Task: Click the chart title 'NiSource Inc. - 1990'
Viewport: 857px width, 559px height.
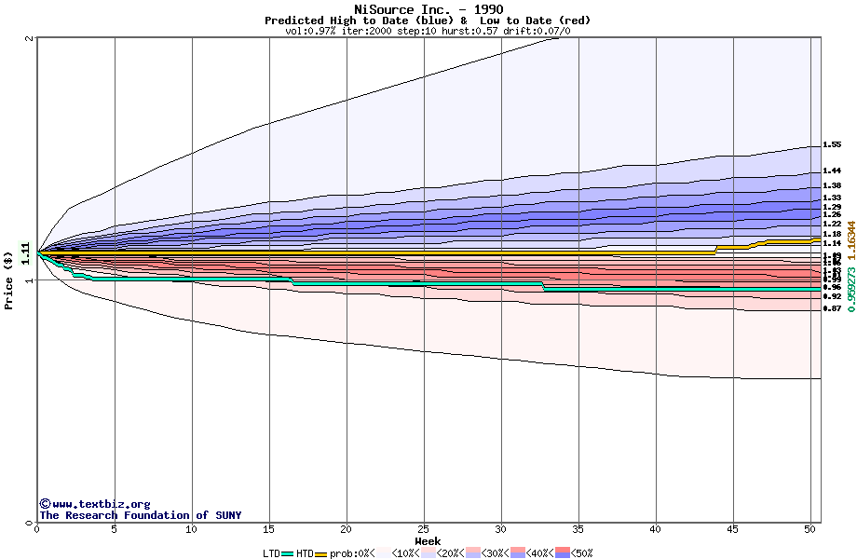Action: pos(428,9)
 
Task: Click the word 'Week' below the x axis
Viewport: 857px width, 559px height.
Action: pos(428,541)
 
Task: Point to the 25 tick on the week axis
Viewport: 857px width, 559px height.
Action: pos(424,529)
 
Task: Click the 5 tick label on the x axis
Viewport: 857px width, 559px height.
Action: pos(115,529)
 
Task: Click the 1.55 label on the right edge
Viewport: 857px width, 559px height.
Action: pos(832,145)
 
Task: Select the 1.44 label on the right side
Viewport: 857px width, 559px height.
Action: pos(832,171)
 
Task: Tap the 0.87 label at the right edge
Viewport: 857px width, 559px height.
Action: pos(832,308)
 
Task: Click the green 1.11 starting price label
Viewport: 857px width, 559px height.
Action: pos(25,251)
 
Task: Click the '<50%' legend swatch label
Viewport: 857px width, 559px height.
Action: pos(580,553)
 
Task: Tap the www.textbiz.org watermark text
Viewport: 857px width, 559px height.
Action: pos(94,504)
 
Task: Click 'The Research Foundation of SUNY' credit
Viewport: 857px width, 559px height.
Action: pos(140,515)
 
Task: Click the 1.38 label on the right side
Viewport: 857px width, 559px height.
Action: pos(832,186)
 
